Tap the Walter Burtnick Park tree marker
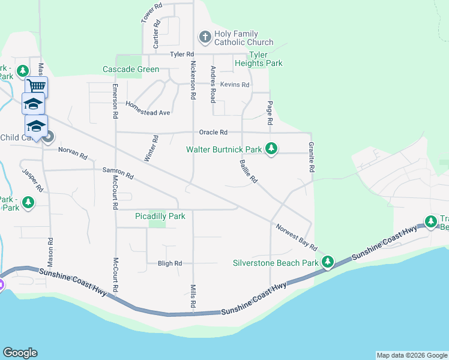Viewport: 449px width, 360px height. tap(271, 148)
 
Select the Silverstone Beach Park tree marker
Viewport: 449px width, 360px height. tap(327, 262)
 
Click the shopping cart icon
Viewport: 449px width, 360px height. tap(37, 87)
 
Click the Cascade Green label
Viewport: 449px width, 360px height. tap(131, 69)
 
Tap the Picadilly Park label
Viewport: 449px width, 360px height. tap(160, 216)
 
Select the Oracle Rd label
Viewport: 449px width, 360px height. tap(214, 132)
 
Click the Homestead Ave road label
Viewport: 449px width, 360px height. tap(148, 109)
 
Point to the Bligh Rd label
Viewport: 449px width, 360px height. tap(169, 263)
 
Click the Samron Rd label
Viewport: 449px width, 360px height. tap(118, 174)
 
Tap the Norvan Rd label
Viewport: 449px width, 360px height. tap(73, 153)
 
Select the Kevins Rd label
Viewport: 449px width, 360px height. tap(234, 85)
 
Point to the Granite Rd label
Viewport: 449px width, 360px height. tap(312, 157)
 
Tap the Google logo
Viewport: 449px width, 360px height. tap(20, 353)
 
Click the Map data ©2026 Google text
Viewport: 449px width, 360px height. tap(411, 355)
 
